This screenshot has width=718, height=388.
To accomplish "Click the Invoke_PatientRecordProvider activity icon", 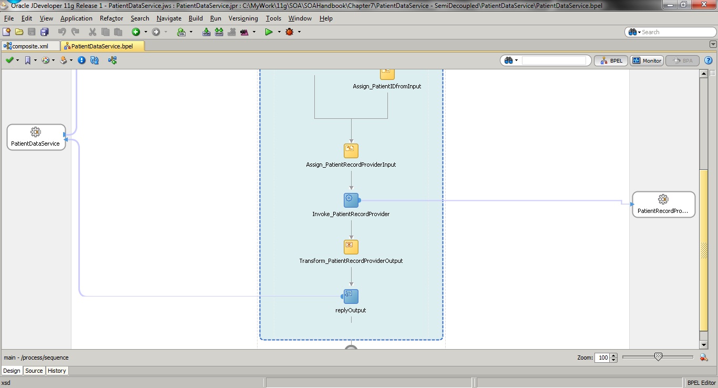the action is click(351, 200).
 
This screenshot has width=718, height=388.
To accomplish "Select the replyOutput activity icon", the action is click(351, 297).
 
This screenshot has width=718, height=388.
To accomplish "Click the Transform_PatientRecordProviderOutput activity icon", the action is click(351, 247).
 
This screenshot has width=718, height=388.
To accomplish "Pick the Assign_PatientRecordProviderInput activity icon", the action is click(351, 151).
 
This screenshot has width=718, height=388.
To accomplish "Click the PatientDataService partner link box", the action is click(36, 137).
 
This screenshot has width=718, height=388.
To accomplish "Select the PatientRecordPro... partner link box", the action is click(663, 205).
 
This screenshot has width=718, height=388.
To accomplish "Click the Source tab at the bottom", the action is click(34, 371).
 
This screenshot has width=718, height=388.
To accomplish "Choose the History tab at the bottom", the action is click(57, 371).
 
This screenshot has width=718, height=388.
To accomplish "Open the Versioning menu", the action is click(243, 18).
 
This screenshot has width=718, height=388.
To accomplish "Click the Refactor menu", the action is click(111, 18).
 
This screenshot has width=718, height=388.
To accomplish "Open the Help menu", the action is click(326, 18).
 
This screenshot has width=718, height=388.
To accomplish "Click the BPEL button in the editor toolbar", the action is click(611, 60).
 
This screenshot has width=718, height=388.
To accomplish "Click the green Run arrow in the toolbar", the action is click(269, 32).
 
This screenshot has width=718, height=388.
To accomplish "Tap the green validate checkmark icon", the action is click(9, 60).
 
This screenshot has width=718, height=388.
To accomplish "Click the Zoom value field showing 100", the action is click(602, 358).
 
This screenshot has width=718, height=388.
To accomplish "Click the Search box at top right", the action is click(670, 32).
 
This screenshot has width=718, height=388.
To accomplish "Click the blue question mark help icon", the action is click(708, 60).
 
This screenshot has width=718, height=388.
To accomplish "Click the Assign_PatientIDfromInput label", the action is click(387, 86).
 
